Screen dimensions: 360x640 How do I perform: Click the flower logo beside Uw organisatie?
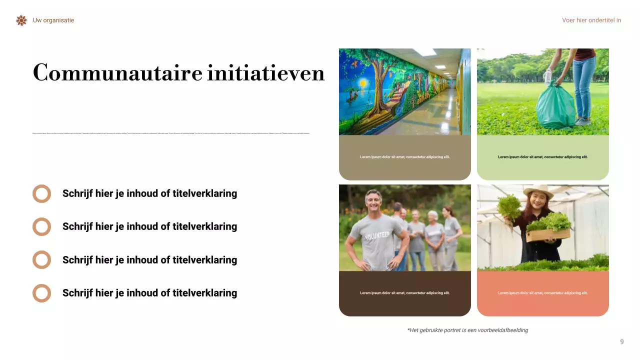pos(21,20)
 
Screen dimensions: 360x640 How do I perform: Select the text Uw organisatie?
pos(53,20)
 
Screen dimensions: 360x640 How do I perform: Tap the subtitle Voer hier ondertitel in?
pos(591,20)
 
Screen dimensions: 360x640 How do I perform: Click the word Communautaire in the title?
pos(117,73)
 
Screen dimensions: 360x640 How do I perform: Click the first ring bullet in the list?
pos(42,193)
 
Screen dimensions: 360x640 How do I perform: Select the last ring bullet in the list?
pos(42,293)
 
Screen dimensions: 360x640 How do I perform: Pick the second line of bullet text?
pos(149,226)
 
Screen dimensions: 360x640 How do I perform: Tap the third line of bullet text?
pos(149,260)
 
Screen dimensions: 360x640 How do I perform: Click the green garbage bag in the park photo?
pos(555,106)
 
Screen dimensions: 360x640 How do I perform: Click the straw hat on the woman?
pos(538,191)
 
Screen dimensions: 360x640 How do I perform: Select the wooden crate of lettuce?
pos(548,234)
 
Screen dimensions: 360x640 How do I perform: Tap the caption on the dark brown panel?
pos(404,293)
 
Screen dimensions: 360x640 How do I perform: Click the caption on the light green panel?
pos(542,157)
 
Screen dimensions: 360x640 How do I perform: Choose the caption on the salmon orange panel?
pos(542,293)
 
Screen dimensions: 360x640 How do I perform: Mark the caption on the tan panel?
pos(404,157)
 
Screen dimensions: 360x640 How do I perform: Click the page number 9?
pos(622,342)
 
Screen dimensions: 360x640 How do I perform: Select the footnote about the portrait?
pos(467,330)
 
